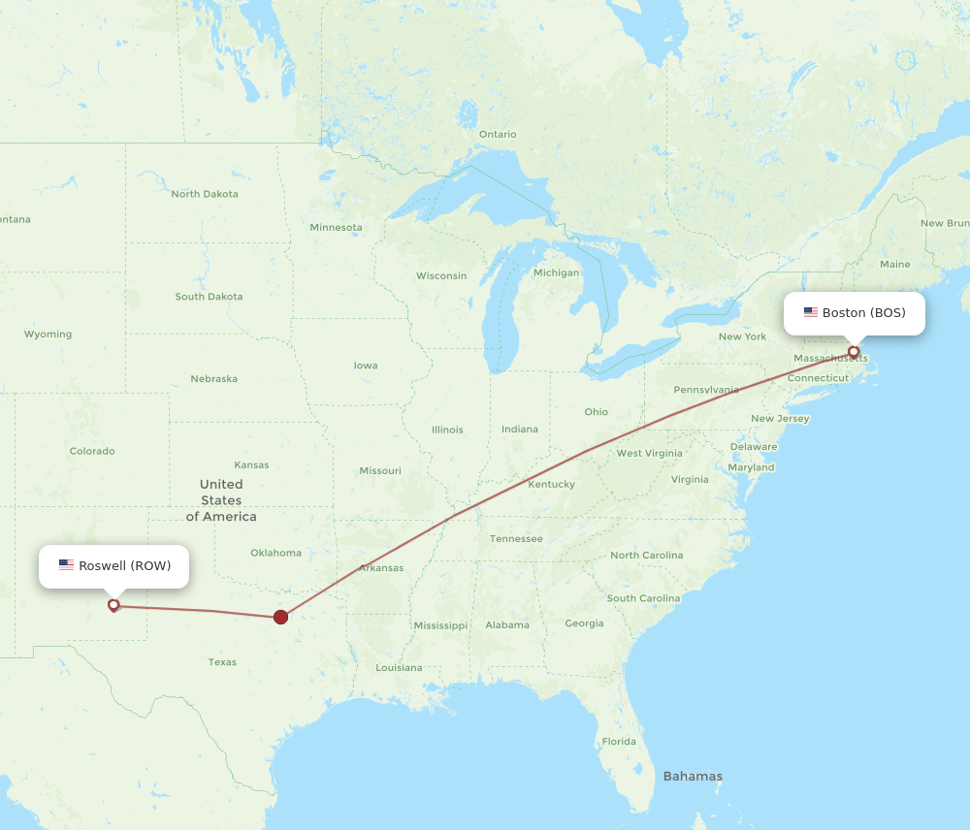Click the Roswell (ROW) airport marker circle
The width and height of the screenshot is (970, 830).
click(113, 605)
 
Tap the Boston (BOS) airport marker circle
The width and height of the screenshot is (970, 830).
click(854, 351)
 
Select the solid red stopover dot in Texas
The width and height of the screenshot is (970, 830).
click(280, 617)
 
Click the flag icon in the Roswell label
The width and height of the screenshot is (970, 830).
click(66, 565)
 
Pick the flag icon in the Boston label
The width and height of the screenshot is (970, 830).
click(810, 312)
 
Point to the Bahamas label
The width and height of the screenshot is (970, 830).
click(692, 776)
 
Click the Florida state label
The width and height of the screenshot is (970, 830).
click(618, 742)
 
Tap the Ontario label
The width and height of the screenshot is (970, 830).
click(498, 134)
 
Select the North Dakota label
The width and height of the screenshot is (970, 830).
click(205, 194)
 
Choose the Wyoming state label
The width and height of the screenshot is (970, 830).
click(48, 335)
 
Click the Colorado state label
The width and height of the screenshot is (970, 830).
click(92, 451)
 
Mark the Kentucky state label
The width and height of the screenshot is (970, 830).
click(552, 484)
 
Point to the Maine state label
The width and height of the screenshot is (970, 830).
click(894, 264)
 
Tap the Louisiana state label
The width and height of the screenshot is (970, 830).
click(399, 667)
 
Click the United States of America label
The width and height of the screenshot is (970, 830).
click(221, 500)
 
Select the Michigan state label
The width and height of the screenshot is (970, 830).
click(556, 272)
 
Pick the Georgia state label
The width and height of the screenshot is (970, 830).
click(584, 623)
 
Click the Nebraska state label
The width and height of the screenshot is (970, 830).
click(213, 378)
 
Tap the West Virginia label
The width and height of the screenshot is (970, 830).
click(649, 453)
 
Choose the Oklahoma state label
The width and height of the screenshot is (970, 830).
click(275, 553)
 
